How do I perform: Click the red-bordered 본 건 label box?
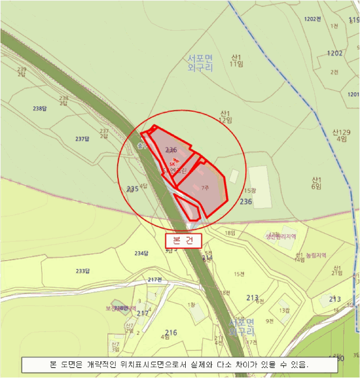click(x=183, y=240)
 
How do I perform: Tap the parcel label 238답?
click(x=40, y=109)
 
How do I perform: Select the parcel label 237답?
click(x=81, y=139)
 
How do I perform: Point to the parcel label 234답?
click(x=141, y=253)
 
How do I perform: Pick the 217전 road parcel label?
click(x=154, y=279)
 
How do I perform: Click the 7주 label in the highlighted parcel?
click(x=204, y=188)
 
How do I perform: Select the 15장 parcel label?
click(x=249, y=191)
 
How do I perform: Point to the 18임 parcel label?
click(x=230, y=233)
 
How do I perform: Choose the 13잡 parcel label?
click(x=284, y=310)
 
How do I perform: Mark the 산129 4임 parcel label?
click(x=341, y=135)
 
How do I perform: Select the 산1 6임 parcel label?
click(x=316, y=183)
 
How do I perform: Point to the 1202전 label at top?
click(x=313, y=19)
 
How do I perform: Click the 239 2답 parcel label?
click(x=22, y=71)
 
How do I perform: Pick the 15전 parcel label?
click(x=239, y=274)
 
